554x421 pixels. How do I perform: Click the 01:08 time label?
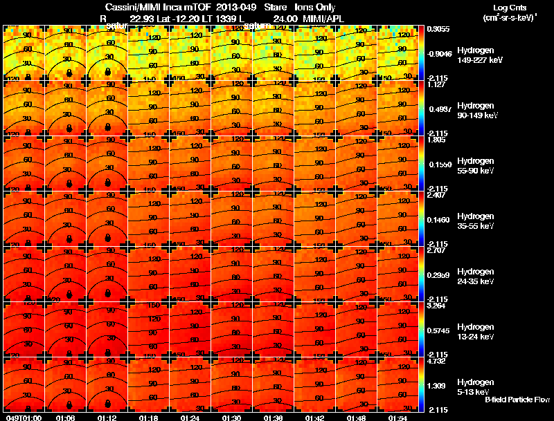point(65,418)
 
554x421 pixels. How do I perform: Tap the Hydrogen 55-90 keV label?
point(476,166)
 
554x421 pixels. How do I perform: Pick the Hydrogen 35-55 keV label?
point(476,221)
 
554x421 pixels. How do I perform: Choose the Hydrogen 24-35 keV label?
point(476,277)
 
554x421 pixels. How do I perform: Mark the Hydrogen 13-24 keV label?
point(476,332)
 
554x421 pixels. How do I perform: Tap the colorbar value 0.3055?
point(438,29)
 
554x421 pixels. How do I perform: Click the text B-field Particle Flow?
point(517,400)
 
